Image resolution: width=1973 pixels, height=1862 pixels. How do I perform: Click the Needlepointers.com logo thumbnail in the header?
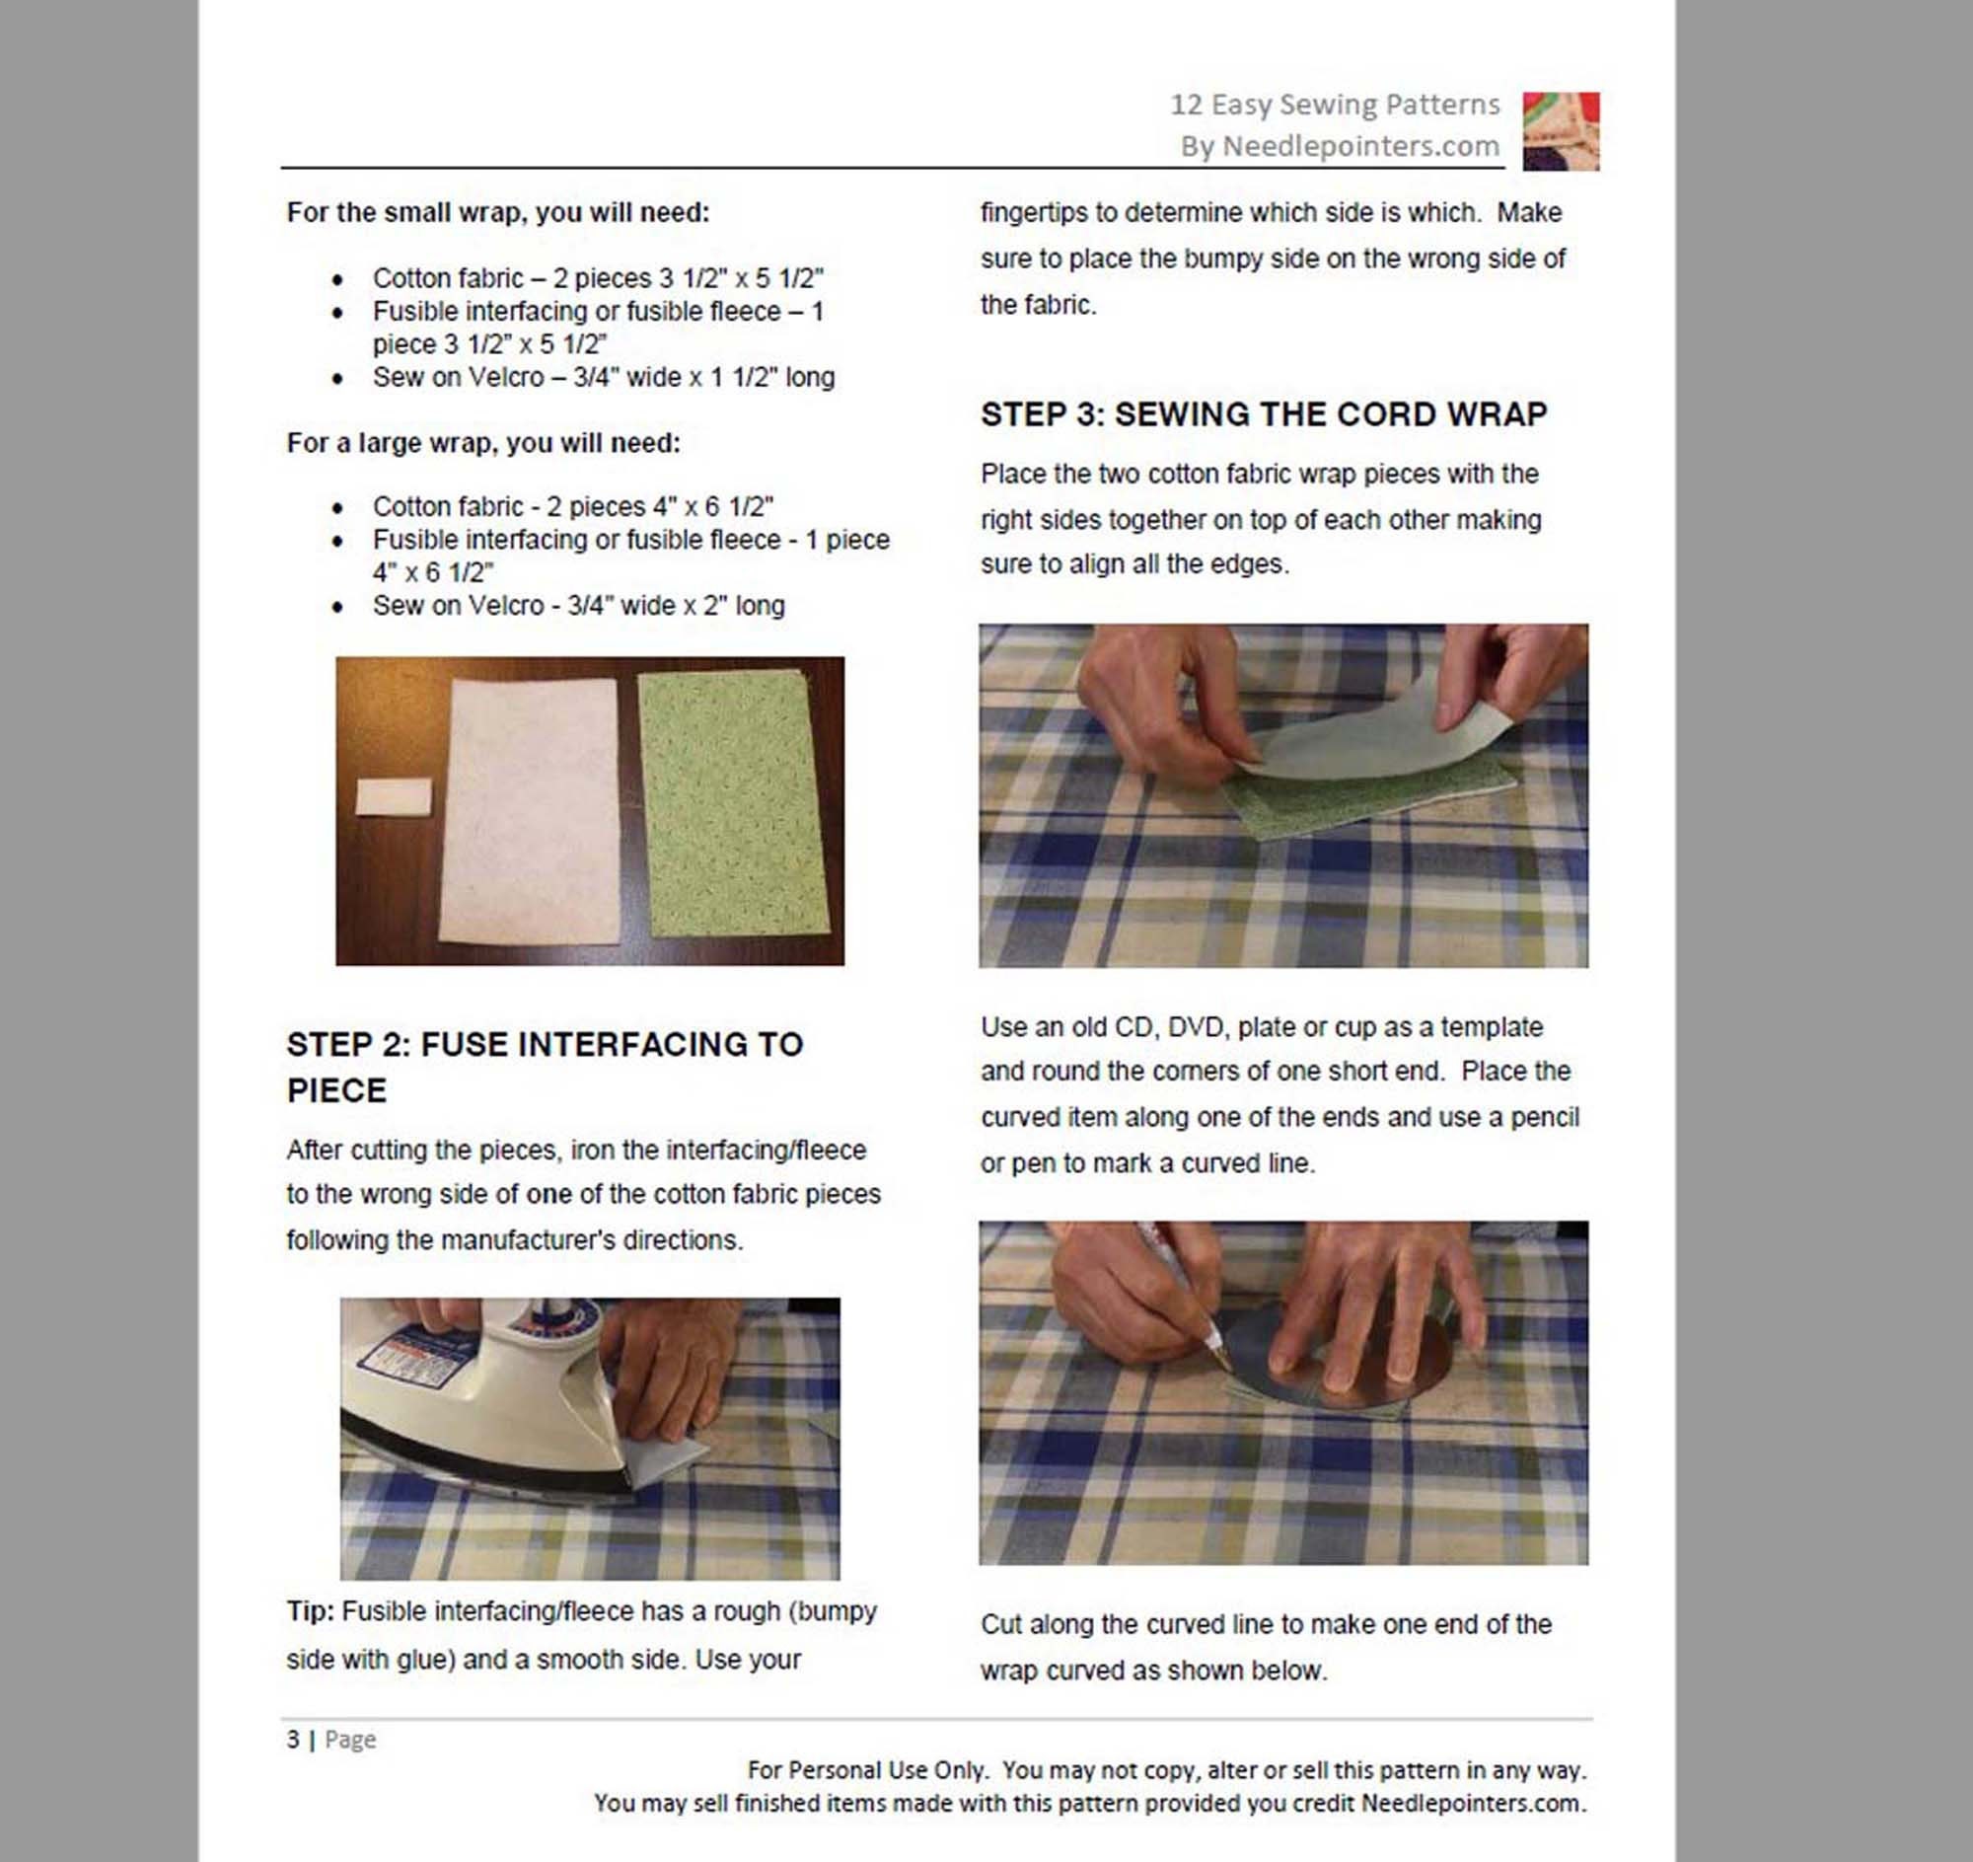[x=1560, y=130]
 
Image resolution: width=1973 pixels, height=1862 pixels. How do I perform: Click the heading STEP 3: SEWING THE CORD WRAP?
[x=1263, y=413]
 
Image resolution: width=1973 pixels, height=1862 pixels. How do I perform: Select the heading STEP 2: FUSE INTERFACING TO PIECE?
[x=544, y=1066]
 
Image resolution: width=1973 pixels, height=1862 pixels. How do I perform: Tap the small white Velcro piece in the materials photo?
[x=393, y=796]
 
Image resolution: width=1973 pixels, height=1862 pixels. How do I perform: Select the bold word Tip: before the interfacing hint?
[x=311, y=1610]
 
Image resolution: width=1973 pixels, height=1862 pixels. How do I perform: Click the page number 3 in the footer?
[x=293, y=1739]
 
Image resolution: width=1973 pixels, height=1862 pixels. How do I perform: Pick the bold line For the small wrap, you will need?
[x=497, y=212]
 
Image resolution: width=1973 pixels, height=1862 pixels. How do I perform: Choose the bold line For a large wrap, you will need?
[x=483, y=443]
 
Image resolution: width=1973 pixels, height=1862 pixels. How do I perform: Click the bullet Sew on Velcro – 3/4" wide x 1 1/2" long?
[x=603, y=377]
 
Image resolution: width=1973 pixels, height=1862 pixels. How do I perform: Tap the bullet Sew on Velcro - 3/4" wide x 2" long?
[x=578, y=606]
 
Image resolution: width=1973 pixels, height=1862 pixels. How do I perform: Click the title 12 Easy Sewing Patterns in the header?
[x=1334, y=105]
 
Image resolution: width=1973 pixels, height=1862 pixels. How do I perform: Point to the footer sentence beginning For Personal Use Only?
[x=1165, y=1769]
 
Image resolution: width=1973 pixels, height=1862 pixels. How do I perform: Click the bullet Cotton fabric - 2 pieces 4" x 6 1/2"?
[x=571, y=506]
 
